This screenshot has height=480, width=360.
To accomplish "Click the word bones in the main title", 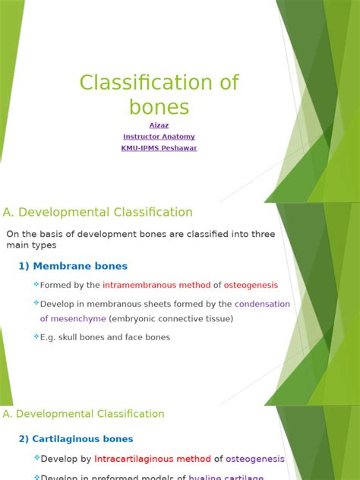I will click(159, 106).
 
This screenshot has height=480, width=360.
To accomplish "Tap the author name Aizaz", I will click(159, 125).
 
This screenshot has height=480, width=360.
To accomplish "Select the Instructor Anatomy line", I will click(159, 137).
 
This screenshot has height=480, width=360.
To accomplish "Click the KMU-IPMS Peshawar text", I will click(159, 148).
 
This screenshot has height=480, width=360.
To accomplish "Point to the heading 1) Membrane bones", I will click(73, 266).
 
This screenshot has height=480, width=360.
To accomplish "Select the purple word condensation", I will click(263, 304).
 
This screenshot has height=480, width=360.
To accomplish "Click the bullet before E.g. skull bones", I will click(36, 336).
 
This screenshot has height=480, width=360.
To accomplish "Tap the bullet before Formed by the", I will click(36, 285).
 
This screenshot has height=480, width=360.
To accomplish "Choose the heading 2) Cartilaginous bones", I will click(76, 439).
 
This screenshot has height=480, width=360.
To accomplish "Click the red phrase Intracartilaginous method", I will click(152, 459).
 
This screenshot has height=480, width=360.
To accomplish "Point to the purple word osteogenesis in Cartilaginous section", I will click(255, 459).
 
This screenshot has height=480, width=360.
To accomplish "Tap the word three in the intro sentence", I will click(262, 234).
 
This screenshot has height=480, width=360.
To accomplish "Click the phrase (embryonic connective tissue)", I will click(171, 319).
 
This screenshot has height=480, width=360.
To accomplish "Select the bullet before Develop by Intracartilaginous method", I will click(36, 458).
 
